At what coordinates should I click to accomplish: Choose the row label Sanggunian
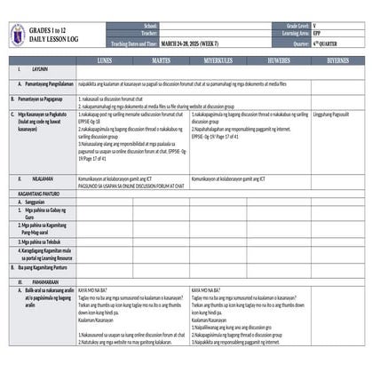(x=37, y=202)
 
